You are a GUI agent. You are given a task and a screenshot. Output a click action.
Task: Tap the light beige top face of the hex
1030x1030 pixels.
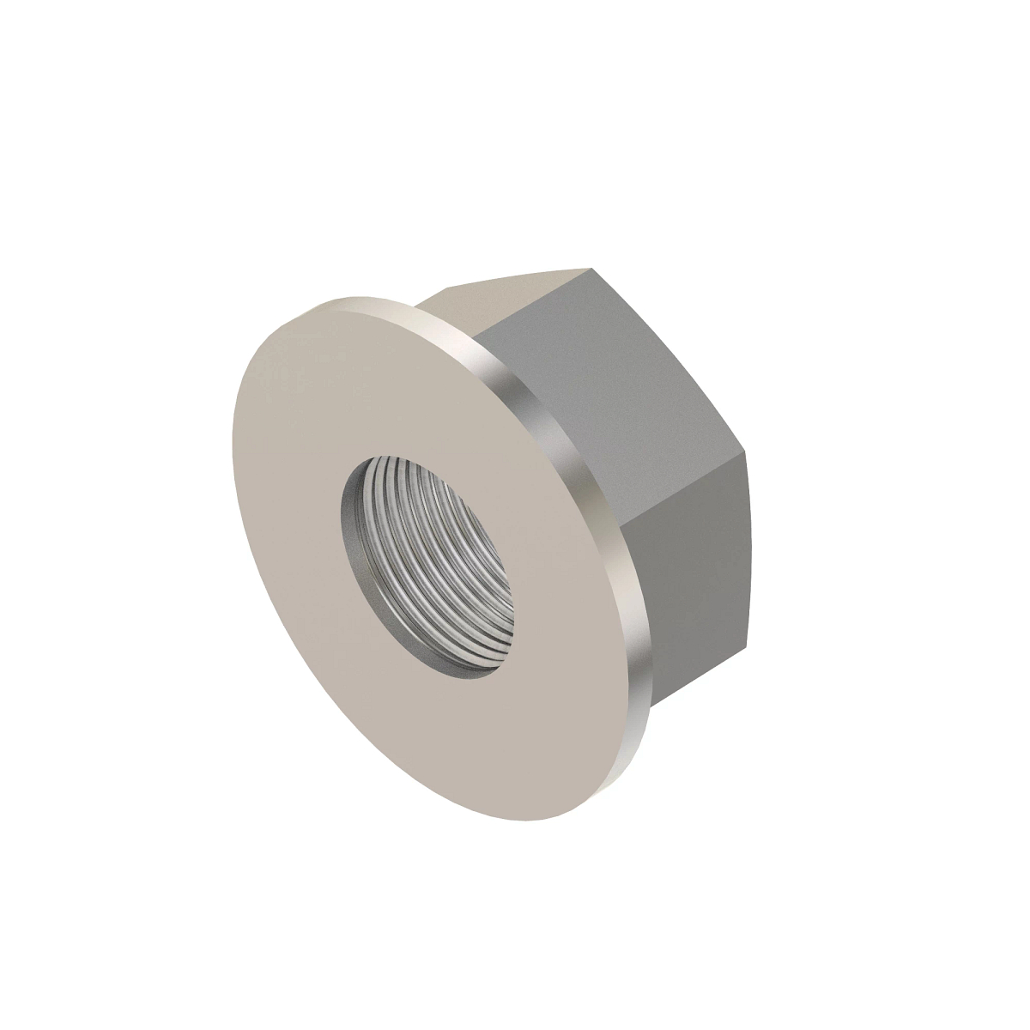[506, 296]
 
